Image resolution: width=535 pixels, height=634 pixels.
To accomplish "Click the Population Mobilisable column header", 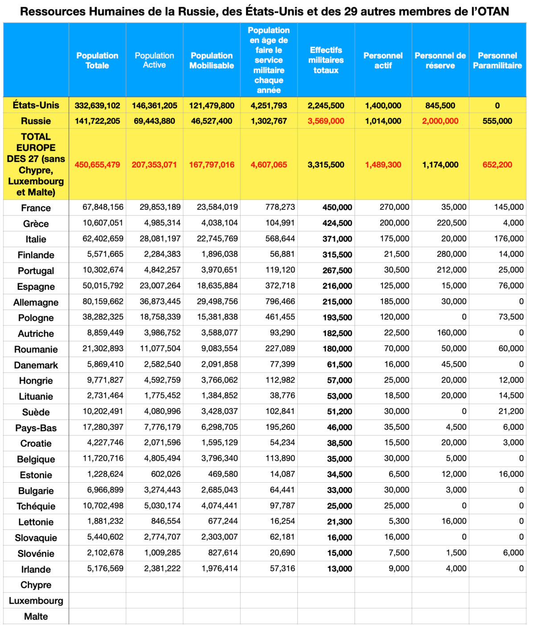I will (212, 60).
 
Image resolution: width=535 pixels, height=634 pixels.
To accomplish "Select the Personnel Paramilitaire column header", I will (497, 60).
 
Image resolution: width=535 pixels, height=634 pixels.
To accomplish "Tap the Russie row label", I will (36, 121).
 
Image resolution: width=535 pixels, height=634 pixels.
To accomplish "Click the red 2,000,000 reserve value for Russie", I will (440, 121).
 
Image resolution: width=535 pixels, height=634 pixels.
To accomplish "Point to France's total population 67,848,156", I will (103, 207).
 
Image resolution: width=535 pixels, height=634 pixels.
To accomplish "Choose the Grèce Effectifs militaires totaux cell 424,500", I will (337, 223).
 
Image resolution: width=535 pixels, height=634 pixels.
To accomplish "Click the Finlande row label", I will (36, 255).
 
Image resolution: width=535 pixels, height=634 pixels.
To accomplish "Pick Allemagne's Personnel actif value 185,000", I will (394, 301).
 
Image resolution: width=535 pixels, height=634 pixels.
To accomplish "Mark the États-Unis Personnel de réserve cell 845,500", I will (440, 105).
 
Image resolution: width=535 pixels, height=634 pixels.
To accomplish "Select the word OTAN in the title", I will (493, 11).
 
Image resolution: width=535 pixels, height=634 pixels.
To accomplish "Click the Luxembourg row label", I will (36, 601).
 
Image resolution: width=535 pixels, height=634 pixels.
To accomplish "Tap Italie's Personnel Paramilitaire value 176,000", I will (509, 239).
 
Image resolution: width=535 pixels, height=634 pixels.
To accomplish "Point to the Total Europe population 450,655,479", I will (97, 165).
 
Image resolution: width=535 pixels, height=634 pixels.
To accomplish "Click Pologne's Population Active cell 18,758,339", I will (160, 317).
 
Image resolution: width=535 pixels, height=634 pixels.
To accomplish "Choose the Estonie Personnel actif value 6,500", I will (399, 474).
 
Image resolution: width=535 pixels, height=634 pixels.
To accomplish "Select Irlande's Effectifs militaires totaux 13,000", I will (339, 569).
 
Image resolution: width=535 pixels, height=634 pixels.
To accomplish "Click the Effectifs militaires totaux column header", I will (326, 60).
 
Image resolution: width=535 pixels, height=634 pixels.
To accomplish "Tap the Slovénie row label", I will (36, 554).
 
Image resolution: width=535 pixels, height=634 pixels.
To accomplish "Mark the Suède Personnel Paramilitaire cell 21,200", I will (511, 411).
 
